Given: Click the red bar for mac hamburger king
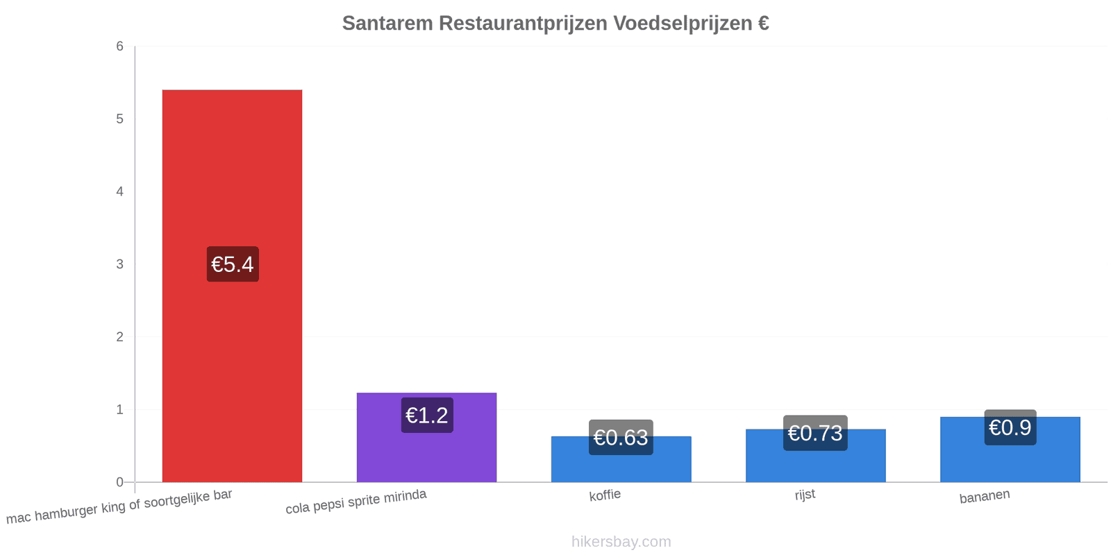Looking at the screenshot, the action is coord(232,286).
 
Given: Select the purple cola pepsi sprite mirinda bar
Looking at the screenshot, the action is coord(426,438).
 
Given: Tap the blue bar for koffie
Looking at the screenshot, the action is coord(621,459).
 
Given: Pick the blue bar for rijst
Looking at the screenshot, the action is coord(815,456).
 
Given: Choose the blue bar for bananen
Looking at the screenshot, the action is coord(1010,450).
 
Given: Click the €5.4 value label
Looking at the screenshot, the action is coord(233,264).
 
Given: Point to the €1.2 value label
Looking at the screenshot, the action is coord(427,416).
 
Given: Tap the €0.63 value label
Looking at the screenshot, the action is coord(621,438).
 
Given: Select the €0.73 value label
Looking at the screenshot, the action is coord(815,433).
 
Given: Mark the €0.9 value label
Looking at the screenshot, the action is coord(1010,427).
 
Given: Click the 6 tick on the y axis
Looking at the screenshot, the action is coord(119,46).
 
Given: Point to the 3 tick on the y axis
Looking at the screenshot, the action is coord(119,264).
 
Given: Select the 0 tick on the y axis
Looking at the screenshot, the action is coord(119,482).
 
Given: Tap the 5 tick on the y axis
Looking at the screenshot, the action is coord(119,119).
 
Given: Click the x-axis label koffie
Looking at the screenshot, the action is coord(605,495).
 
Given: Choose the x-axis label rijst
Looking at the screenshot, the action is coord(805,495).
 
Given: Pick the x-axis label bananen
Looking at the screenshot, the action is coord(985,497).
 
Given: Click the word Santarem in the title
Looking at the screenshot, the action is coord(387,24).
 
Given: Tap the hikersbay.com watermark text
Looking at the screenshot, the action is coord(621,542).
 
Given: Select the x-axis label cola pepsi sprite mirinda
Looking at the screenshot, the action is coord(356,502).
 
